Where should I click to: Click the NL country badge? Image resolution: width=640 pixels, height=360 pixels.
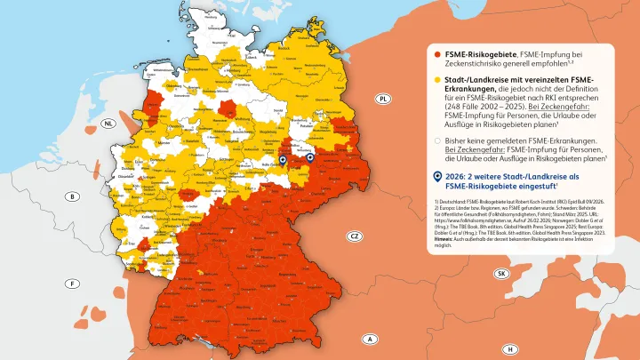[x=109, y=125]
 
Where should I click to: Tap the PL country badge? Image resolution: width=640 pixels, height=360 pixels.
[x=383, y=99]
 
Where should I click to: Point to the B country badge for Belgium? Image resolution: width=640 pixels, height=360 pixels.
[x=74, y=196]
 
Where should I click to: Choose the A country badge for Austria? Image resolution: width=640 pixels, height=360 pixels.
[x=368, y=338]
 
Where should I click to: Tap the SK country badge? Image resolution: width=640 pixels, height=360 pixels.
[x=501, y=274]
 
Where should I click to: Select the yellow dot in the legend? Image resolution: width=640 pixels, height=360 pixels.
[x=436, y=79]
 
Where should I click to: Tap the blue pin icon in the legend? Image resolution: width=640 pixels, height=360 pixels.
[x=436, y=177]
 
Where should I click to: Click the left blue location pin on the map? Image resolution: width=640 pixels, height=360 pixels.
[x=284, y=161]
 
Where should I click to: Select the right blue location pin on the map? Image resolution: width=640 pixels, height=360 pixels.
[x=311, y=160]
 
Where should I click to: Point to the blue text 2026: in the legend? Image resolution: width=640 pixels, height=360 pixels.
[x=455, y=177]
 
